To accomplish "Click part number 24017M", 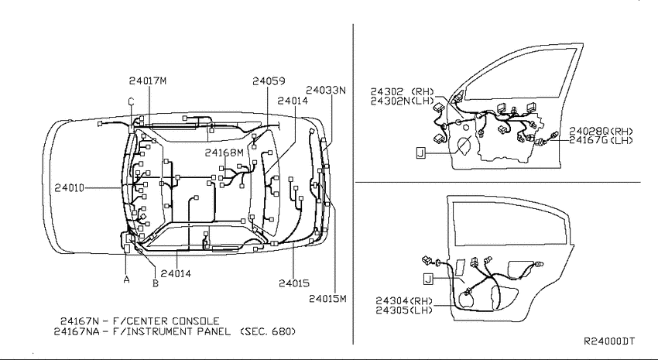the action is [148, 81].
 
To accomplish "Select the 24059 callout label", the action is [269, 81].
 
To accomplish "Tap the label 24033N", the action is [326, 90].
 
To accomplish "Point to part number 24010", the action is [69, 188].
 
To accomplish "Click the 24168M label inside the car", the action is [224, 153].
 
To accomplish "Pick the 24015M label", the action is [327, 299].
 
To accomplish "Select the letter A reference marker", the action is [127, 279].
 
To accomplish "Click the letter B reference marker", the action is [156, 283].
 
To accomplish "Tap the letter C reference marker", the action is [131, 101].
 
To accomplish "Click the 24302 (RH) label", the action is [402, 92].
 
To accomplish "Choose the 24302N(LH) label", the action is [402, 101].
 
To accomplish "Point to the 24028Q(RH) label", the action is [601, 132].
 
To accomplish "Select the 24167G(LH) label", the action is [601, 140].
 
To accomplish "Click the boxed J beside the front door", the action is [421, 153].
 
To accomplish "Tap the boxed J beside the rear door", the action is [428, 279].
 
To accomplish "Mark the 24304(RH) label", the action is [404, 301].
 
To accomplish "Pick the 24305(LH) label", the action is [404, 310].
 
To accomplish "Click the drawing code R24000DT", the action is [609, 341].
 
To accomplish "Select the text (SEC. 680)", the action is [268, 331].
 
